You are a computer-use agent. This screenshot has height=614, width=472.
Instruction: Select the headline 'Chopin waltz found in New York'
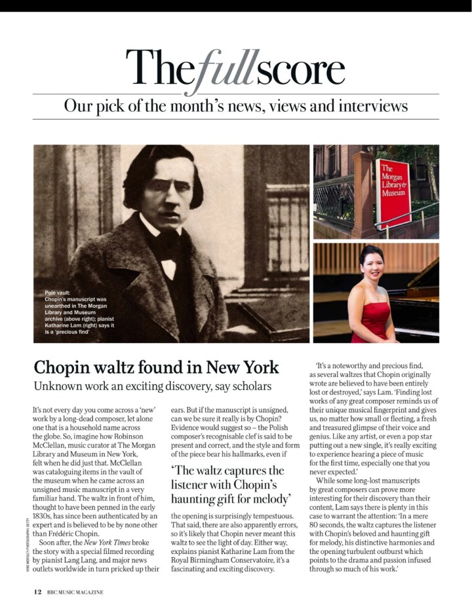point(156,367)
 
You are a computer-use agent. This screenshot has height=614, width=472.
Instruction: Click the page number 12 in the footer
point(38,592)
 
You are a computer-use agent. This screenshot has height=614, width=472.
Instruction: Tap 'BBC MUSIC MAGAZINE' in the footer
point(75,592)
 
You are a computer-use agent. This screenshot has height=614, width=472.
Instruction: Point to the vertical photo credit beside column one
point(23,540)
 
